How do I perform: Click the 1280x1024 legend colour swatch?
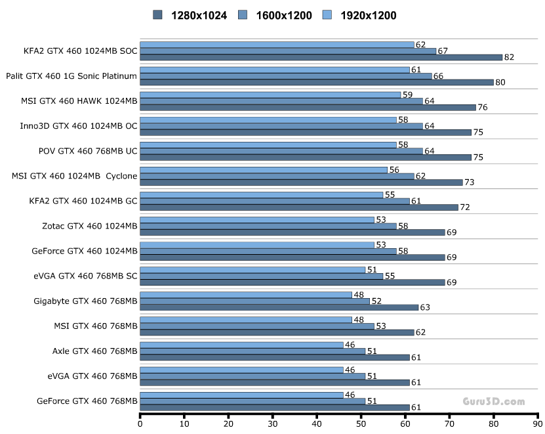[x=157, y=14]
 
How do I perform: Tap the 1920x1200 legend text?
[x=368, y=15]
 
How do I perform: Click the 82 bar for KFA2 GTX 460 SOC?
[x=321, y=57]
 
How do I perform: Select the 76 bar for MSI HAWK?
[x=308, y=107]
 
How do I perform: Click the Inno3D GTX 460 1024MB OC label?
[x=79, y=125]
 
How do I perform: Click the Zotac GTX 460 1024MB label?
[x=89, y=225]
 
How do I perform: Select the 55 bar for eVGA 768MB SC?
[x=262, y=276]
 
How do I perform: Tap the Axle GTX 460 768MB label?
[x=95, y=351]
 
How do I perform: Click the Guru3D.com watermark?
[x=493, y=401]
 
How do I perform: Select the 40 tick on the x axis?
[x=317, y=423]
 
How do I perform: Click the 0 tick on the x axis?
[x=140, y=423]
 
